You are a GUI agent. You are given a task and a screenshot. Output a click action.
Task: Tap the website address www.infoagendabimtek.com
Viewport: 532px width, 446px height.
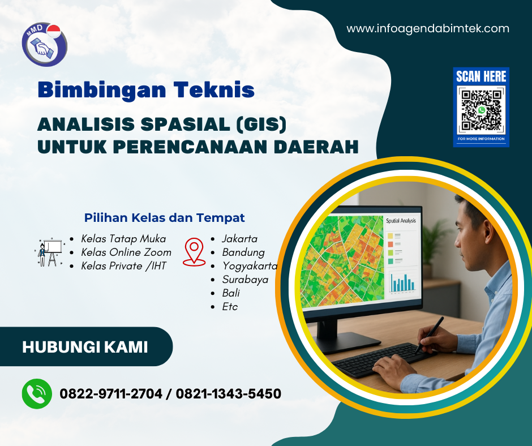428,28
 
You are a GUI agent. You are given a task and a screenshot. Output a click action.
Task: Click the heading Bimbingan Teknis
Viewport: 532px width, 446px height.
146,89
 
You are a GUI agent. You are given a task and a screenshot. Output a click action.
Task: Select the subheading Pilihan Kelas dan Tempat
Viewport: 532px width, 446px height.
164,217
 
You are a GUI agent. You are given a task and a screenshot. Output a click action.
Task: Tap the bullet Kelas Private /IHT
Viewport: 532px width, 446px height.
123,265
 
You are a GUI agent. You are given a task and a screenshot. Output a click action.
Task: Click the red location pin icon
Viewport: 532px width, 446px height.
194,252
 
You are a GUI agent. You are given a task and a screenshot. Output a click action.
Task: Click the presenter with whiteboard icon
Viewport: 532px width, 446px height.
49,252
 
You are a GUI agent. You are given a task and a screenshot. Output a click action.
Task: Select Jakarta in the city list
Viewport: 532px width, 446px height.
239,238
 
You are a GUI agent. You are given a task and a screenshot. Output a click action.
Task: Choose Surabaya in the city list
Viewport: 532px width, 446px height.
245,279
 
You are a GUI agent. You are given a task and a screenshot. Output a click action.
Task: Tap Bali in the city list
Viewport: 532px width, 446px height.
231,293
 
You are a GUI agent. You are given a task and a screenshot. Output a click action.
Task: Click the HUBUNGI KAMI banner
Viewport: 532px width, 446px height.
85,346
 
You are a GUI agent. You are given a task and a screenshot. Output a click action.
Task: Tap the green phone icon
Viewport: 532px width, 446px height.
37,393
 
